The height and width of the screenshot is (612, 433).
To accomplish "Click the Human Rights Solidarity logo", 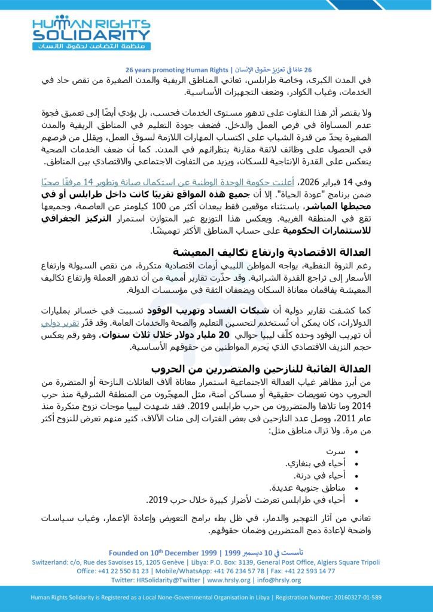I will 92,32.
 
